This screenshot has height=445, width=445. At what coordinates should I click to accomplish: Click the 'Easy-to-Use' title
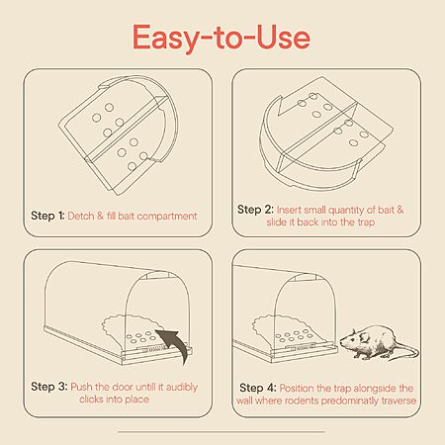(222, 38)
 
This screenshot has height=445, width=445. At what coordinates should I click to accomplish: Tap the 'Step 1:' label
(47, 216)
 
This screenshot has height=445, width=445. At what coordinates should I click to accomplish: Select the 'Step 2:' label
(255, 210)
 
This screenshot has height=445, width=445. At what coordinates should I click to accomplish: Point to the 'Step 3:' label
(49, 387)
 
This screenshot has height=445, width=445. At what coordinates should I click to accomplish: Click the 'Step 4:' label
(258, 388)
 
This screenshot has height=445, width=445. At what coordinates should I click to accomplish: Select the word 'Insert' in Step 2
(289, 210)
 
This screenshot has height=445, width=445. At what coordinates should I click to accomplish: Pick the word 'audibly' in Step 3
(182, 387)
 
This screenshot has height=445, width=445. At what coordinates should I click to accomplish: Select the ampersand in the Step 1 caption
(100, 216)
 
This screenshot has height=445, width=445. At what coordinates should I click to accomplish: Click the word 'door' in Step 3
(123, 387)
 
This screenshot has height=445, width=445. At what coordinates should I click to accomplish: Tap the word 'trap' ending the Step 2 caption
(366, 222)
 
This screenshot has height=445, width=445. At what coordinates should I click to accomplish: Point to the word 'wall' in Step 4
(244, 400)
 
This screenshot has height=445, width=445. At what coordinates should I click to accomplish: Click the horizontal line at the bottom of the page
(222, 431)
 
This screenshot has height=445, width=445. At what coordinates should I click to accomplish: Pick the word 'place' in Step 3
(136, 400)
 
